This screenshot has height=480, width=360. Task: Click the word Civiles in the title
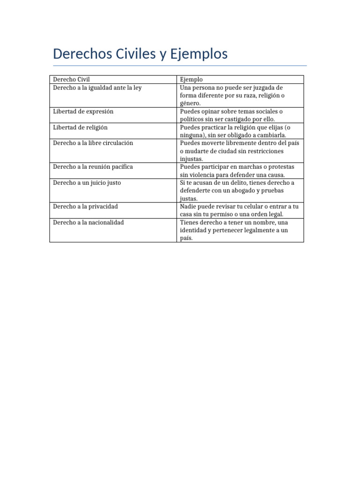coord(134,54)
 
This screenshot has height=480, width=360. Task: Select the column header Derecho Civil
coord(71,79)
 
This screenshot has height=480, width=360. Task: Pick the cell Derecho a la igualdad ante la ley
coord(97,87)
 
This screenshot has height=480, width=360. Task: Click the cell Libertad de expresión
coord(83,111)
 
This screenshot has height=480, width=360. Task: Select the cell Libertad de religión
coord(80,127)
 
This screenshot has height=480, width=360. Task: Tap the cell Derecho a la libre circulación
coord(93,143)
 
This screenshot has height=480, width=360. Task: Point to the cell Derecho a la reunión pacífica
coord(93,167)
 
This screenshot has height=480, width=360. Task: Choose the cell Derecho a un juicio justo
coord(87,183)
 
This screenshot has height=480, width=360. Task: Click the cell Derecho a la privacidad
coord(85,207)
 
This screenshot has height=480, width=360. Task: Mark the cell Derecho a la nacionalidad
coord(88,223)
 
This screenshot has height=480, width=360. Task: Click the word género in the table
coord(190,103)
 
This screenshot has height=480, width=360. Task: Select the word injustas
coord(191,159)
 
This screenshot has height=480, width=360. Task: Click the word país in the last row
coord(186,239)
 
